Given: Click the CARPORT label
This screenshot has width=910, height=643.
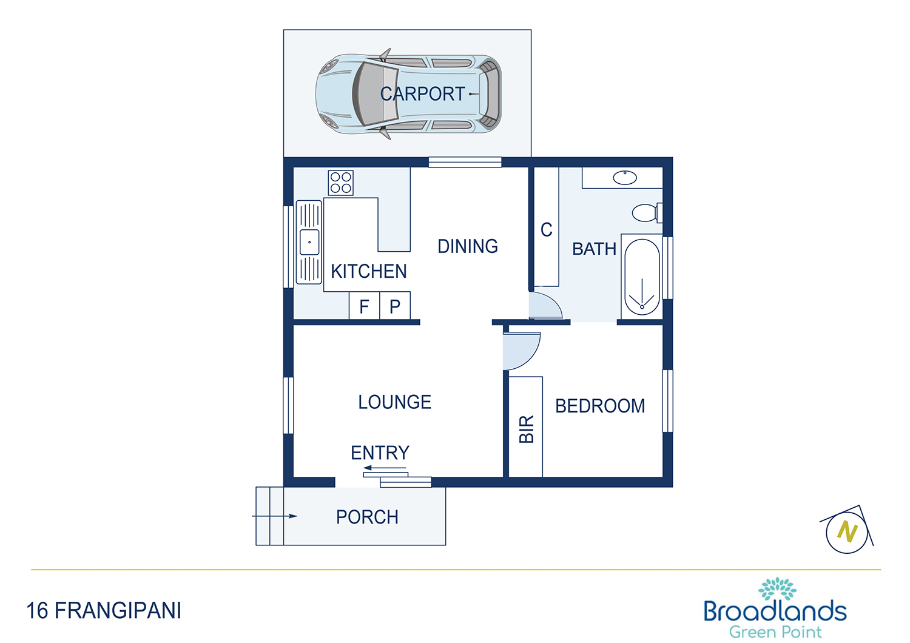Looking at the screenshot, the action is (x=422, y=94).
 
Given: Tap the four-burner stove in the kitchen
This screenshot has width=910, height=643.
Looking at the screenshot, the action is (x=340, y=183).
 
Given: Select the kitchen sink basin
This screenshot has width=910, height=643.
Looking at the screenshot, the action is (x=309, y=242).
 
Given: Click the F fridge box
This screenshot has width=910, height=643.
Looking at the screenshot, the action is (x=365, y=306).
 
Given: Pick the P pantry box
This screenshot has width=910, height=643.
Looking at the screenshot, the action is (x=395, y=306).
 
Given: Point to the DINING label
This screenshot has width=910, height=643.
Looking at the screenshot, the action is (x=468, y=246).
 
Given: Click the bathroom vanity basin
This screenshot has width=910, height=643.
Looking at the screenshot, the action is (x=624, y=178).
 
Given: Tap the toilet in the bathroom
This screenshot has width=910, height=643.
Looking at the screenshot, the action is (x=647, y=212).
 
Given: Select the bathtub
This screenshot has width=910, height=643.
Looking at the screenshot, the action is (x=642, y=277).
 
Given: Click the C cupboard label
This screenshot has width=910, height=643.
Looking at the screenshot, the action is (x=547, y=230).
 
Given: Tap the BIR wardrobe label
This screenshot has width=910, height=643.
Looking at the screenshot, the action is (x=526, y=429).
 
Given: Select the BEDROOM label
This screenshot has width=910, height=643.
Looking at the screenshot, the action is (x=600, y=406).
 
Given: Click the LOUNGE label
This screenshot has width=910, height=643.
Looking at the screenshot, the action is (x=394, y=402).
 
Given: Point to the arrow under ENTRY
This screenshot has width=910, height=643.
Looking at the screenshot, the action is (x=385, y=468).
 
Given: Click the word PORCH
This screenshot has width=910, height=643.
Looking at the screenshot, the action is (x=367, y=517).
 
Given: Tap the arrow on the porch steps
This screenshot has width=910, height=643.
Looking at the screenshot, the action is (x=275, y=516).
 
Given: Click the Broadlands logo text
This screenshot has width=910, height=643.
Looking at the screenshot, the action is (x=775, y=611).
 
